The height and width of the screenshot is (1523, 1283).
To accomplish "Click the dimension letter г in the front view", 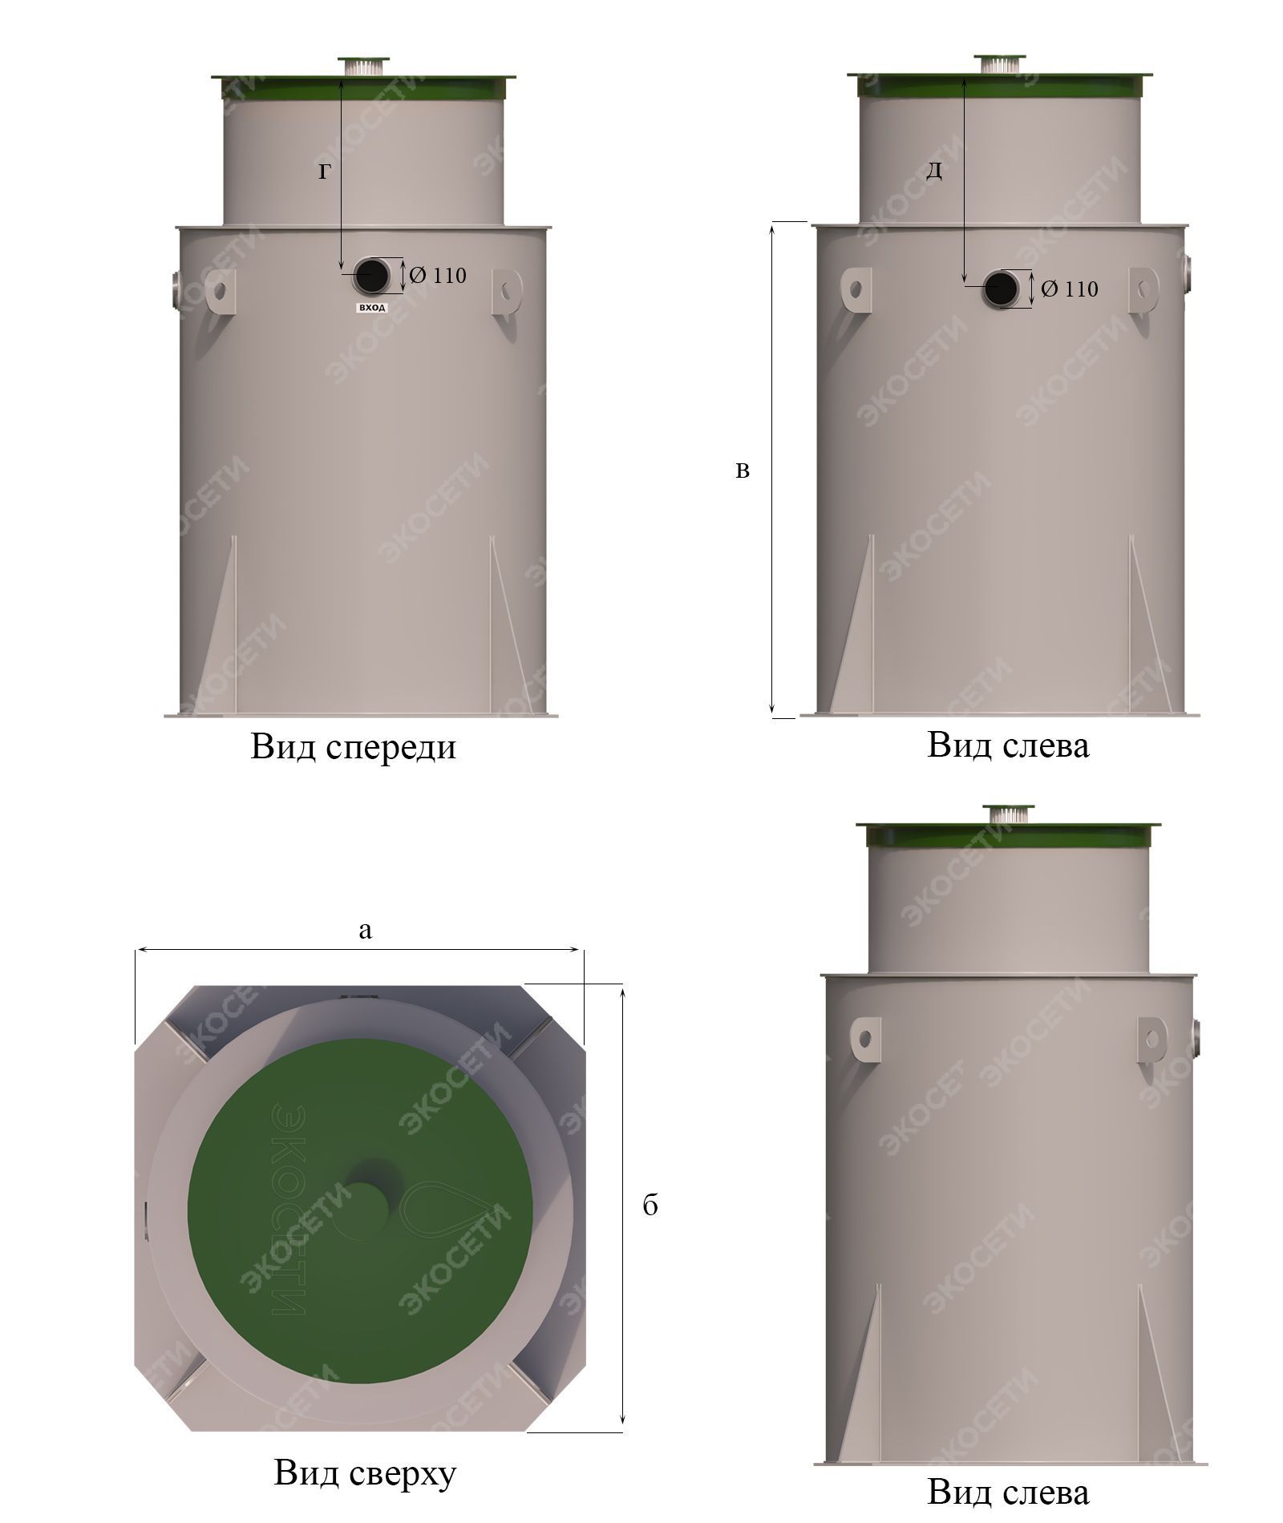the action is pos(324,172).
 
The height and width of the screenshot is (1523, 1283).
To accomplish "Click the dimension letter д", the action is pos(934,171).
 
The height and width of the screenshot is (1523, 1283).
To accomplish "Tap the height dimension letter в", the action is pos(743,471).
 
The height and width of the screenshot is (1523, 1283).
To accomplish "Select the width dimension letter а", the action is pos(366,930).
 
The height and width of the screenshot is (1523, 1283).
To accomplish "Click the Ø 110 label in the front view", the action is pos(438,276).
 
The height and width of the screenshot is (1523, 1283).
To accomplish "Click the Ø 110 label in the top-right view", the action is pos(1070,289).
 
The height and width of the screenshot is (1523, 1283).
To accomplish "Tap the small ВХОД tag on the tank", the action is pos(371,308).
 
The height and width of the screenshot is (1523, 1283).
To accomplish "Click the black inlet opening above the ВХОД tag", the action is pos(371,276).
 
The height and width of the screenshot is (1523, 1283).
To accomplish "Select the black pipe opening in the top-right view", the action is pos(1002,289).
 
